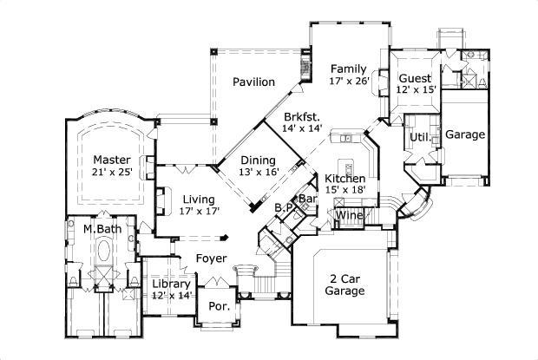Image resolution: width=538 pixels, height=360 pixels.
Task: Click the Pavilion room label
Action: pyautogui.click(x=253, y=82)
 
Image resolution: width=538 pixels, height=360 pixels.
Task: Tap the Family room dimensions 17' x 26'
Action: pyautogui.click(x=350, y=81)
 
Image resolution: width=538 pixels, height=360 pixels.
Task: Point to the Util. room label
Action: pyautogui.click(x=419, y=137)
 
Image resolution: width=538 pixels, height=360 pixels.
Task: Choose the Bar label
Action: pyautogui.click(x=308, y=199)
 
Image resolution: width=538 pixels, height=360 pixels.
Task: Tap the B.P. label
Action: pyautogui.click(x=283, y=208)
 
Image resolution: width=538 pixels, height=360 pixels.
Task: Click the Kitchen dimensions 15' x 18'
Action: pyautogui.click(x=344, y=190)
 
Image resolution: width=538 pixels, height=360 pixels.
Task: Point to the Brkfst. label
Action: pyautogui.click(x=302, y=115)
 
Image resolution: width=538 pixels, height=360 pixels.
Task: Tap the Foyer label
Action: pyautogui.click(x=211, y=259)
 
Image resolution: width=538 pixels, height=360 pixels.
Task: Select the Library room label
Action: pyautogui.click(x=171, y=285)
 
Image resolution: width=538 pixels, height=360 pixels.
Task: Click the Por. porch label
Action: pyautogui.click(x=216, y=307)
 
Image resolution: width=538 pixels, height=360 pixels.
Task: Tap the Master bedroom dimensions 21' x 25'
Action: pyautogui.click(x=112, y=173)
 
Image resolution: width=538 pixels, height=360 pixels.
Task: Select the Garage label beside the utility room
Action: pyautogui.click(x=465, y=134)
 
